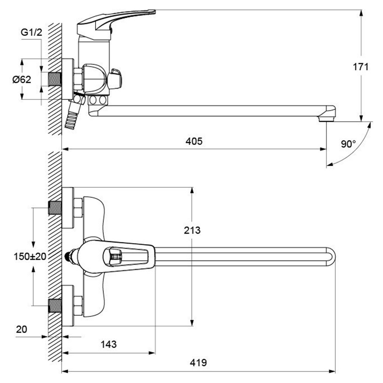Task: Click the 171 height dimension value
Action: click(361, 67)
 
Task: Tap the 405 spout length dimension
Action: click(194, 141)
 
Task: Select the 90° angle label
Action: click(348, 144)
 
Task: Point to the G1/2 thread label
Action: click(32, 32)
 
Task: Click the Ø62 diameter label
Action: click(22, 80)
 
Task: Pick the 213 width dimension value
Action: click(192, 230)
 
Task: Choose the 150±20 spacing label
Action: click(30, 256)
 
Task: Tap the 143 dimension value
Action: click(109, 344)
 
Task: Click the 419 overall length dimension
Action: click(198, 363)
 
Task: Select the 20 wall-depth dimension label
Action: click(21, 329)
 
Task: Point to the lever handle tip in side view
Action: click(151, 11)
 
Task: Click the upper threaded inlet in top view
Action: click(55, 208)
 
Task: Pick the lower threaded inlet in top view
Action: click(55, 306)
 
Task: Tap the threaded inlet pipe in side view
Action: click(55, 79)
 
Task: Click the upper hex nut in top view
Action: click(78, 208)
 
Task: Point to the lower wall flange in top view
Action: click(68, 306)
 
